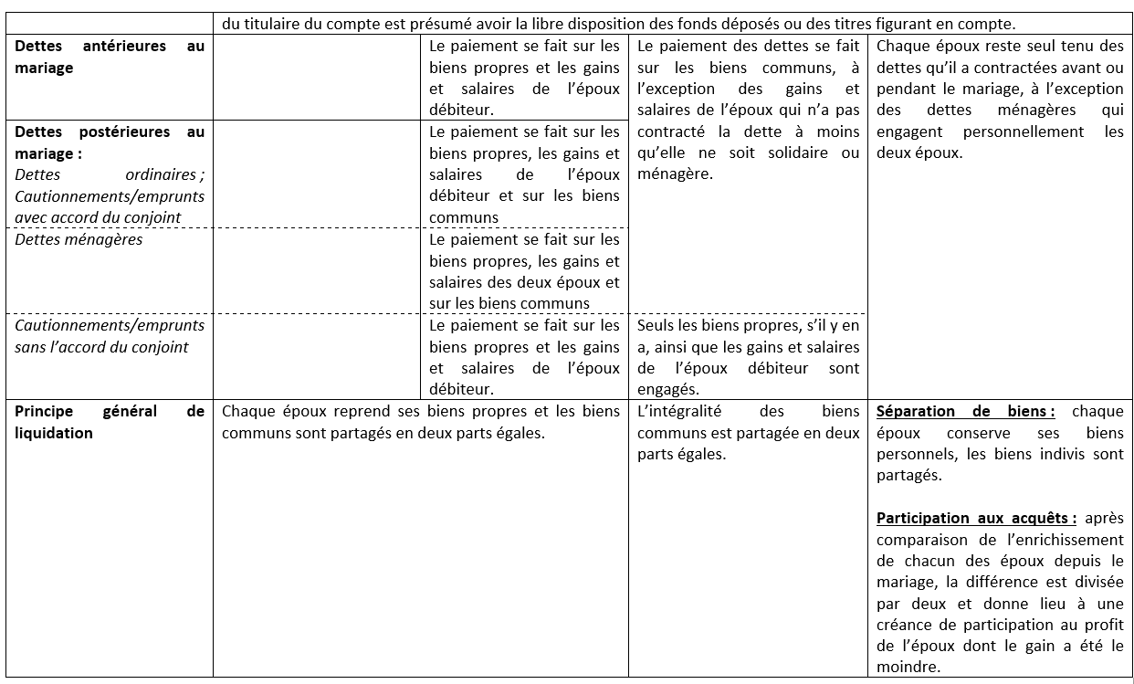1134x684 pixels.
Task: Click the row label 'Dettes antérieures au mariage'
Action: pos(110,57)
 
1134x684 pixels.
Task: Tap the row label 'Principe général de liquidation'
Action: pos(110,422)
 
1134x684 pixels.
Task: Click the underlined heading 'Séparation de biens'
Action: pos(964,412)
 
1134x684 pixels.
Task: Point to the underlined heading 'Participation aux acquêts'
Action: pos(975,519)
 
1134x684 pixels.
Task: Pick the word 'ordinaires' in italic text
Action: pos(161,174)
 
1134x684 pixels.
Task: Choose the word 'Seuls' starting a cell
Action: pos(656,325)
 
